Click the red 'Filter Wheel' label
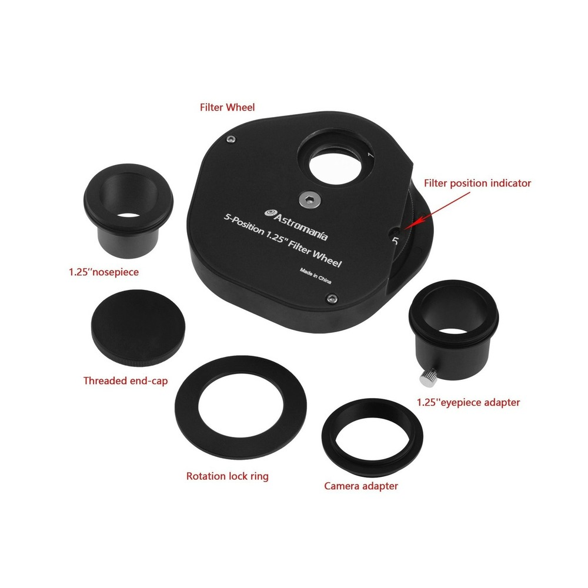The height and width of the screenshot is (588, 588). click(x=227, y=108)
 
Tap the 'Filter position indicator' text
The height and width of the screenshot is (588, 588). click(x=477, y=183)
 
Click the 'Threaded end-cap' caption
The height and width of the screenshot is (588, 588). click(x=125, y=380)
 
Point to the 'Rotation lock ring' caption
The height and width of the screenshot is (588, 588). click(x=227, y=476)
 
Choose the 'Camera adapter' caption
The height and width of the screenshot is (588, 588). click(x=361, y=486)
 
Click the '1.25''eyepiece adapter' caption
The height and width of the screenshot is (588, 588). click(x=468, y=403)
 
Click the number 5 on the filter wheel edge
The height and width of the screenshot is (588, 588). click(x=395, y=240)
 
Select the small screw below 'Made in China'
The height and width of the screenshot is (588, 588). click(x=333, y=300)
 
